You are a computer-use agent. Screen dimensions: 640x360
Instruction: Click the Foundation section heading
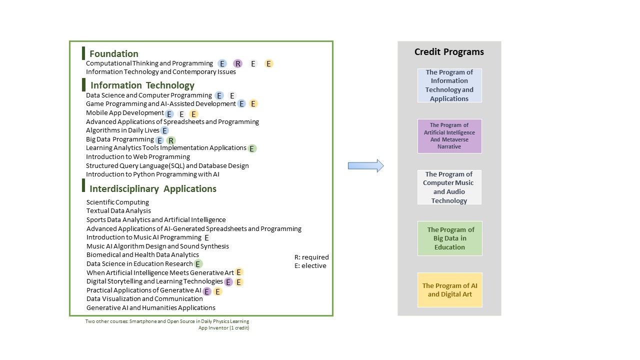(113, 53)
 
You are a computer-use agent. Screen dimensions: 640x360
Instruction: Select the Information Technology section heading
(142, 85)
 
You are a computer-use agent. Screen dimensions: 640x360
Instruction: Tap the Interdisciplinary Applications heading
(153, 189)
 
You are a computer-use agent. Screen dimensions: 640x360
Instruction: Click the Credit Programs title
(449, 51)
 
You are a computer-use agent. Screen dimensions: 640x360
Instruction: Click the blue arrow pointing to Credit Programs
(365, 165)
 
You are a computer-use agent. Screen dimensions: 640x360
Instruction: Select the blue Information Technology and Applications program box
(449, 85)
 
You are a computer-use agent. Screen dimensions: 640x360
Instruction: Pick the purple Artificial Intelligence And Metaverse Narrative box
(449, 136)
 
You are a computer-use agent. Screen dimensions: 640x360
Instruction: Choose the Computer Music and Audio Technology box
(449, 187)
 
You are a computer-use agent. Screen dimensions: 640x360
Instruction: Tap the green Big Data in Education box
(449, 238)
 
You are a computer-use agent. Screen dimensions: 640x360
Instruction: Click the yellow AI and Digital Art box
(449, 289)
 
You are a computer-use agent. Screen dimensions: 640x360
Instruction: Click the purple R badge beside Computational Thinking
(237, 63)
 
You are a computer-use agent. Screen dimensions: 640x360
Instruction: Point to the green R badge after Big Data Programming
(171, 140)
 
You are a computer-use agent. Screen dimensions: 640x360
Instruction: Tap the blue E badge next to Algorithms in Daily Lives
(164, 130)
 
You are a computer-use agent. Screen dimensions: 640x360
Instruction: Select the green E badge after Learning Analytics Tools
(251, 148)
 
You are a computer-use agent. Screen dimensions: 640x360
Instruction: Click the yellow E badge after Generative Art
(238, 272)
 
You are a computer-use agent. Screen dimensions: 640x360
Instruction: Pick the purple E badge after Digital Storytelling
(228, 282)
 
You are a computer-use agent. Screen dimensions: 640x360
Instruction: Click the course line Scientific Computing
(117, 202)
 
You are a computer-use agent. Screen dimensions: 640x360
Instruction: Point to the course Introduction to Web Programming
(138, 157)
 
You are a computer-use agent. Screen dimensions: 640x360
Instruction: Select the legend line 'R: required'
(311, 257)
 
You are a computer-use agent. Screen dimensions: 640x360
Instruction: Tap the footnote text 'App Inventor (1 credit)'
(223, 327)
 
